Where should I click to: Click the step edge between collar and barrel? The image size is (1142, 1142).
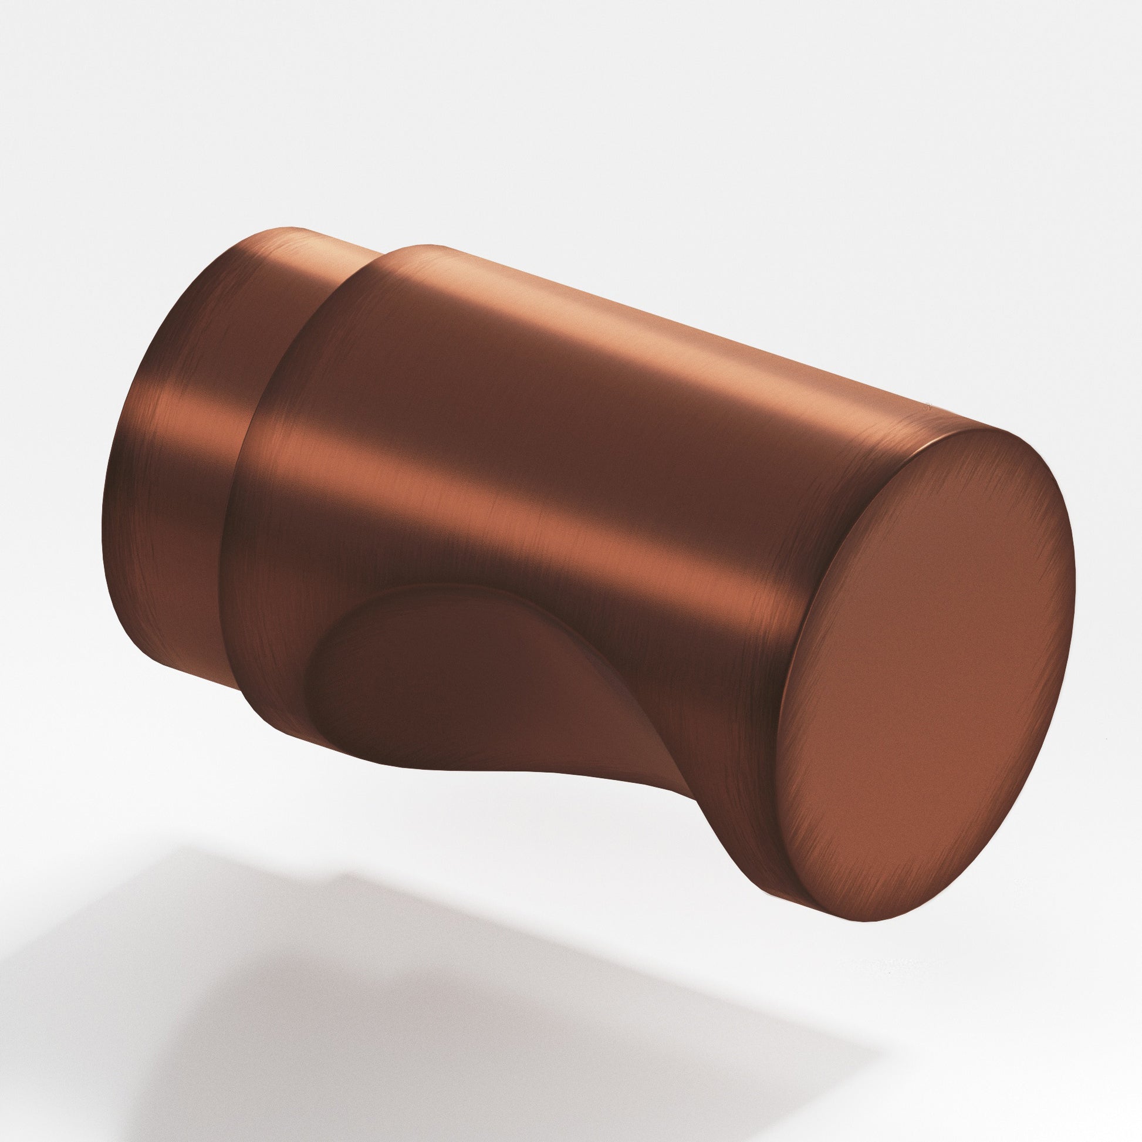point(248,473)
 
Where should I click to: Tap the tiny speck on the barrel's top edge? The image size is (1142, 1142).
point(926,406)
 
